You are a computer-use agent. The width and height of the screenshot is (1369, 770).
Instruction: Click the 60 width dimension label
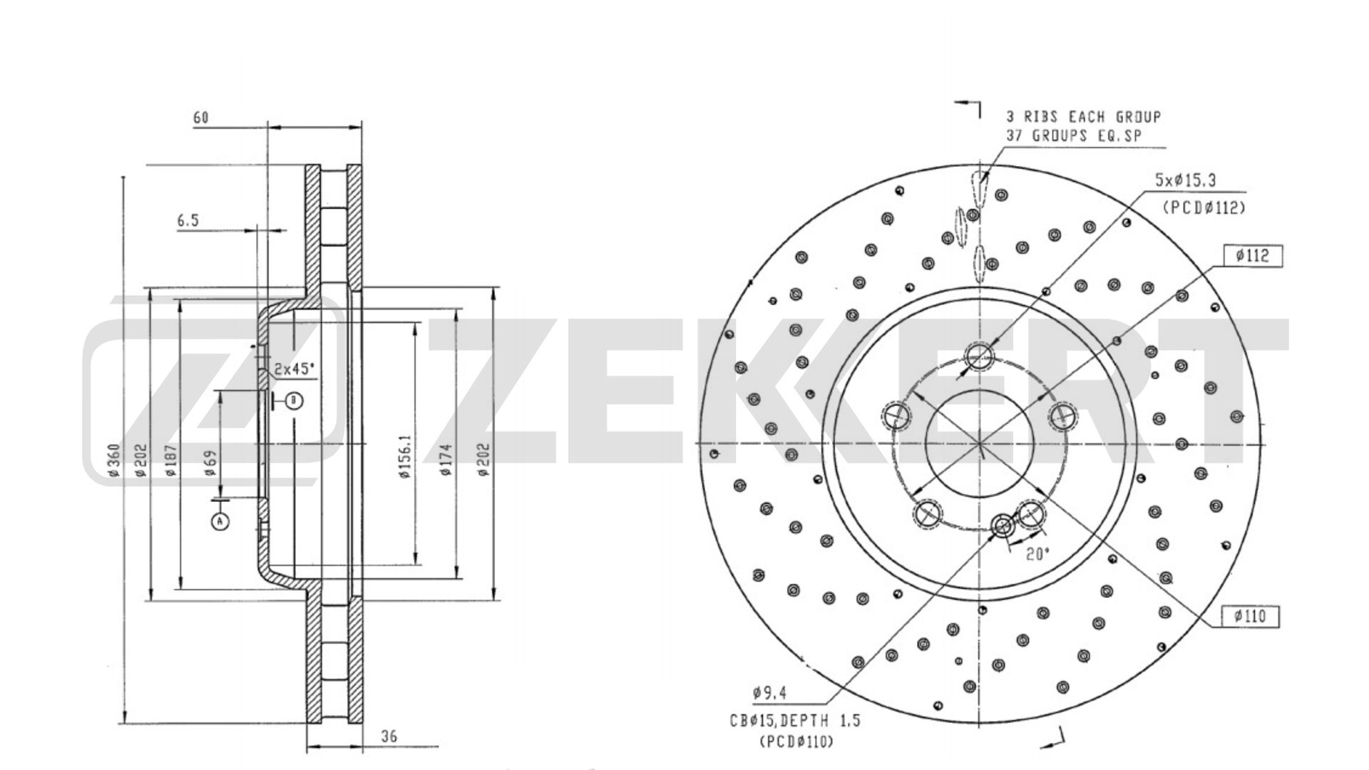pos(201,118)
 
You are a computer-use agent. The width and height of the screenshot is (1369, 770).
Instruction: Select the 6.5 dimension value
pos(188,221)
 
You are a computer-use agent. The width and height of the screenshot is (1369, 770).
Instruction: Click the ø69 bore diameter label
pos(210,463)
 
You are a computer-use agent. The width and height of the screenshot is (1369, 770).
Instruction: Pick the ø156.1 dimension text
pos(406,456)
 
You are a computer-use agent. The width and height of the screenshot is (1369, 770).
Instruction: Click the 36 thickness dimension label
pos(389,736)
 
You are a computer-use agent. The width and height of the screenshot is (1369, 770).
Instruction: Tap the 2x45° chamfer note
pos(295,369)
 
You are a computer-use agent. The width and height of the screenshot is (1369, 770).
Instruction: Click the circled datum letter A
pos(220,522)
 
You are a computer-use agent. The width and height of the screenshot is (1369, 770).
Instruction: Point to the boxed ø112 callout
pos(1252,255)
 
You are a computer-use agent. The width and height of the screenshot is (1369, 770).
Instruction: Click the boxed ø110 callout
pos(1251,616)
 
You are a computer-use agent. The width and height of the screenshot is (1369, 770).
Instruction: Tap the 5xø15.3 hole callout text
pos(1185,181)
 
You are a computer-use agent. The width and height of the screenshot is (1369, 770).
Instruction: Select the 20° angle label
pos(1038,554)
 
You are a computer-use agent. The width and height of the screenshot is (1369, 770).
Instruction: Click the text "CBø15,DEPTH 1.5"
pos(794,721)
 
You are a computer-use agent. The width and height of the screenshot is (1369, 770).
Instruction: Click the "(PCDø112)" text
pos(1204,207)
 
